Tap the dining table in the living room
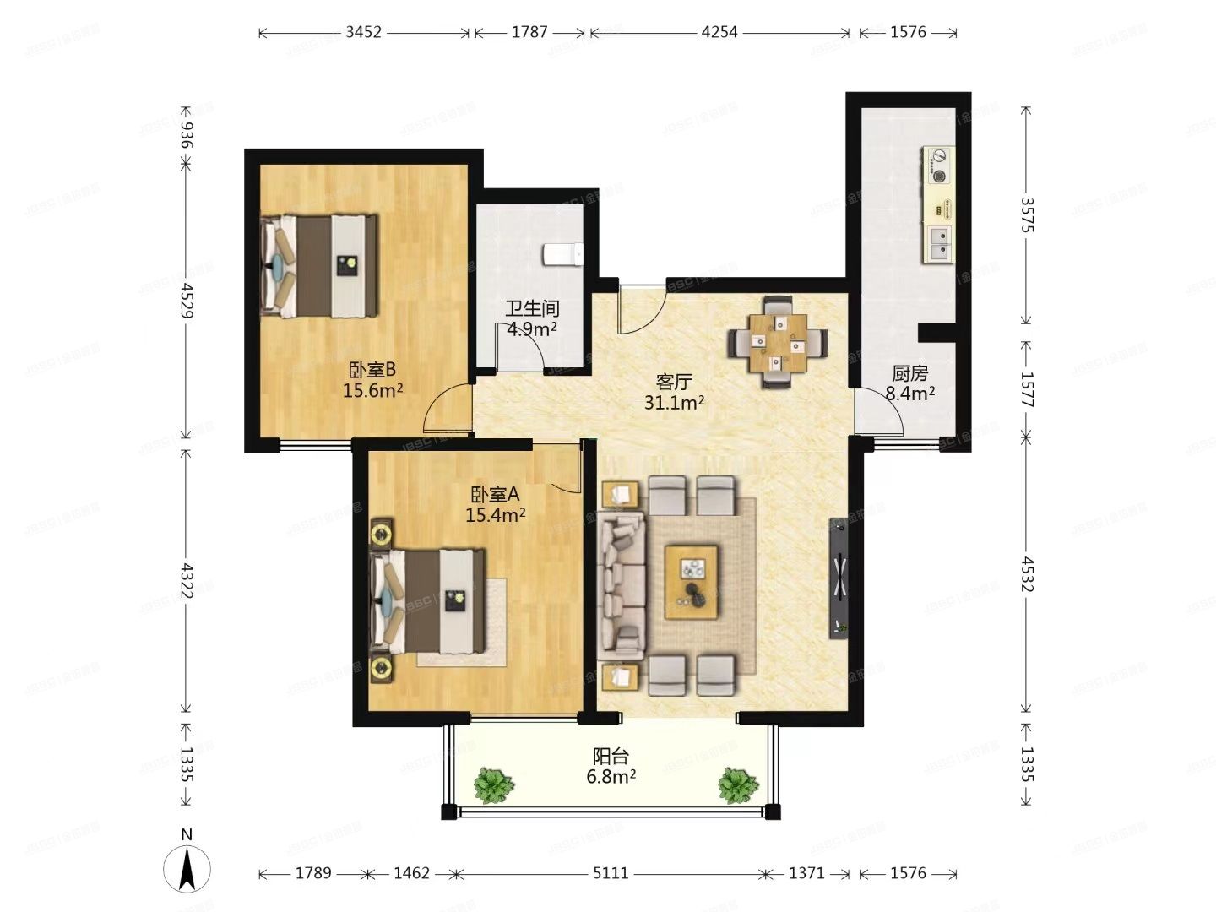pyautogui.click(x=778, y=342)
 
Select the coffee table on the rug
pyautogui.click(x=692, y=582)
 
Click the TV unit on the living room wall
pyautogui.click(x=839, y=578)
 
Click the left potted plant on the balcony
pyautogui.click(x=493, y=785)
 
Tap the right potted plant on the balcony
pyautogui.click(x=738, y=785)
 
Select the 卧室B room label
pyautogui.click(x=372, y=370)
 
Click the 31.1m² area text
pyautogui.click(x=674, y=404)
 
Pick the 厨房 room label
pyautogui.click(x=909, y=373)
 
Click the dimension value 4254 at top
pyautogui.click(x=719, y=32)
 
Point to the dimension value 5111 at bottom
pyautogui.click(x=610, y=873)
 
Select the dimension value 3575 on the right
pyautogui.click(x=1027, y=214)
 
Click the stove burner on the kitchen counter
pyautogui.click(x=938, y=166)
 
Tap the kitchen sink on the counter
pyautogui.click(x=939, y=243)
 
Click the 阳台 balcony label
pyautogui.click(x=611, y=756)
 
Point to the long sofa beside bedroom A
pyautogui.click(x=622, y=584)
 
